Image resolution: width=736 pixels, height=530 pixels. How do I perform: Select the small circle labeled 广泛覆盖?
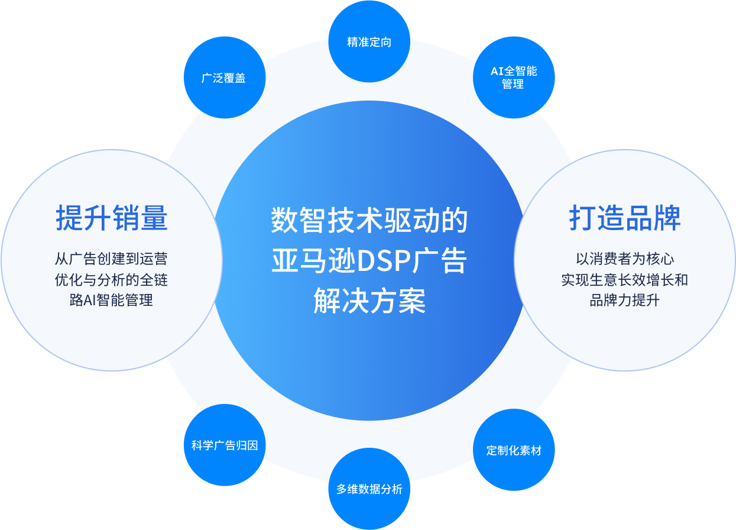click(x=223, y=78)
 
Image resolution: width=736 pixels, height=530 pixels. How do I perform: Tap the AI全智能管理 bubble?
click(x=514, y=77)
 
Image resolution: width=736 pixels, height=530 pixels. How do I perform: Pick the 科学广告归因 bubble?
click(x=224, y=445)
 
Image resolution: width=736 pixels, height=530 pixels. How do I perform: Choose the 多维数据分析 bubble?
click(x=369, y=489)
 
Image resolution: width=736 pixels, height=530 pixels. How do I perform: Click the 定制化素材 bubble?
click(x=514, y=450)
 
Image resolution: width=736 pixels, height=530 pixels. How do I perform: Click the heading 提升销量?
click(x=112, y=218)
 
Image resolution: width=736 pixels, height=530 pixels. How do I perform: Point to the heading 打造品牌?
click(x=625, y=218)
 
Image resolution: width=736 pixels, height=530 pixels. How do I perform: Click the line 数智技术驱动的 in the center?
click(x=369, y=221)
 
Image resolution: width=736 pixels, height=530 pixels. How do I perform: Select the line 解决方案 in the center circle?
click(x=369, y=302)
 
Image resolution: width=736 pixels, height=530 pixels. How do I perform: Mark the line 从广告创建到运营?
click(x=111, y=259)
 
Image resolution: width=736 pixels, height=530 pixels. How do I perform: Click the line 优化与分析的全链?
click(x=111, y=279)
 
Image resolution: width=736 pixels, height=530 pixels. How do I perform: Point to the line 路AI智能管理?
click(x=111, y=300)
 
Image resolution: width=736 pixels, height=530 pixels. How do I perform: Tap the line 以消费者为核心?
click(x=625, y=259)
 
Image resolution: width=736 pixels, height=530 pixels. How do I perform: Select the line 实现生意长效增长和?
click(x=625, y=279)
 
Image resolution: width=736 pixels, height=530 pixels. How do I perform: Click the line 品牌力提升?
click(x=625, y=300)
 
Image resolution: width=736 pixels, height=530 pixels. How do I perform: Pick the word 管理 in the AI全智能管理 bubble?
click(x=513, y=85)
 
